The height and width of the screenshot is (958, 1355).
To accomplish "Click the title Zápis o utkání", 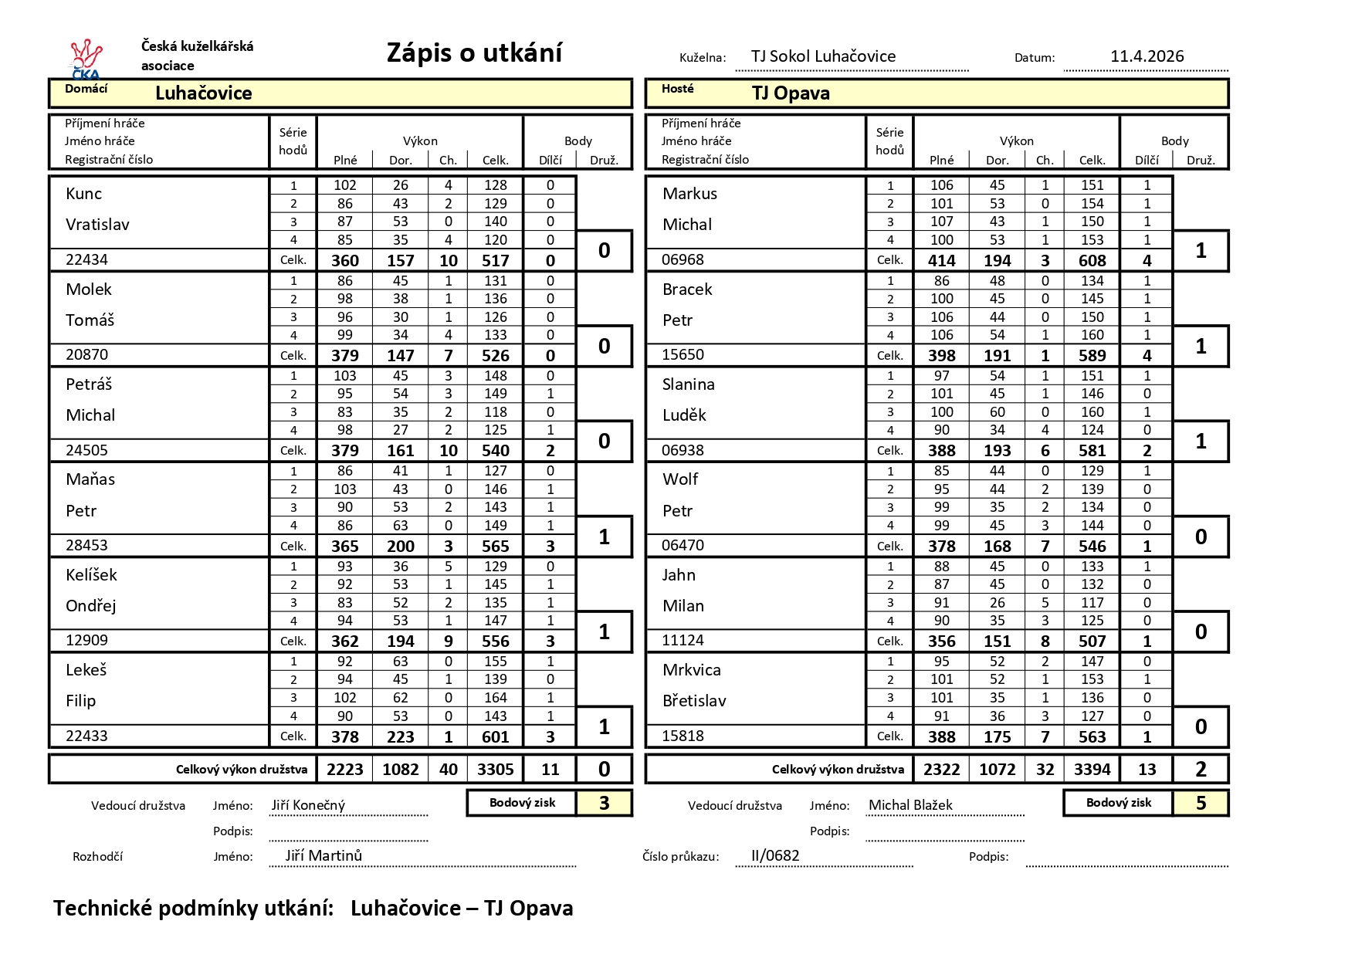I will tap(474, 52).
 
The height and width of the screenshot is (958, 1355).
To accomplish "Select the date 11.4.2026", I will tap(1147, 56).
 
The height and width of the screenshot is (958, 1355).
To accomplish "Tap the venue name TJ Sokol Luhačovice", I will tap(823, 56).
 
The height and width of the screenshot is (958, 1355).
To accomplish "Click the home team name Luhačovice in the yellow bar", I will tap(204, 93).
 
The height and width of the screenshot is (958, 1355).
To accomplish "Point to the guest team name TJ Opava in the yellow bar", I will tap(791, 93).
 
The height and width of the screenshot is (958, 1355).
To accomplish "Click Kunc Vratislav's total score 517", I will tap(495, 261).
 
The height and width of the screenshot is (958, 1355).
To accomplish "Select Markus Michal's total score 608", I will tap(1092, 261).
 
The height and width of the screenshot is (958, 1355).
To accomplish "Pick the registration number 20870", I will tap(87, 355).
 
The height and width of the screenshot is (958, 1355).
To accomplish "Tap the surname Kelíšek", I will tap(92, 575).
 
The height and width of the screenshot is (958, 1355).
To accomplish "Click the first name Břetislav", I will tap(694, 701).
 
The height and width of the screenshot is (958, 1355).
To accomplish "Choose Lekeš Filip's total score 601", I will tap(495, 737).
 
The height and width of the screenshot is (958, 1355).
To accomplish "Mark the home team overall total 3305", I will tap(495, 770).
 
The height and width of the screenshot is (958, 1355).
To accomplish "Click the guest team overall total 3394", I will tap(1092, 770).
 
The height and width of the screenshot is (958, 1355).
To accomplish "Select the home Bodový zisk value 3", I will tap(604, 804).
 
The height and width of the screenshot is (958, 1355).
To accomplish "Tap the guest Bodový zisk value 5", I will tap(1201, 804).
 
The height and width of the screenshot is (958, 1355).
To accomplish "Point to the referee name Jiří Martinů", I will tap(324, 855).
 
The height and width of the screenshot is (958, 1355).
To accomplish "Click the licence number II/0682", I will tap(775, 855).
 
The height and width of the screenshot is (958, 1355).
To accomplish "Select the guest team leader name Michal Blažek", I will tap(910, 805).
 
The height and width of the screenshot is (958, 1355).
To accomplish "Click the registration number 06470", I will tap(683, 546).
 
